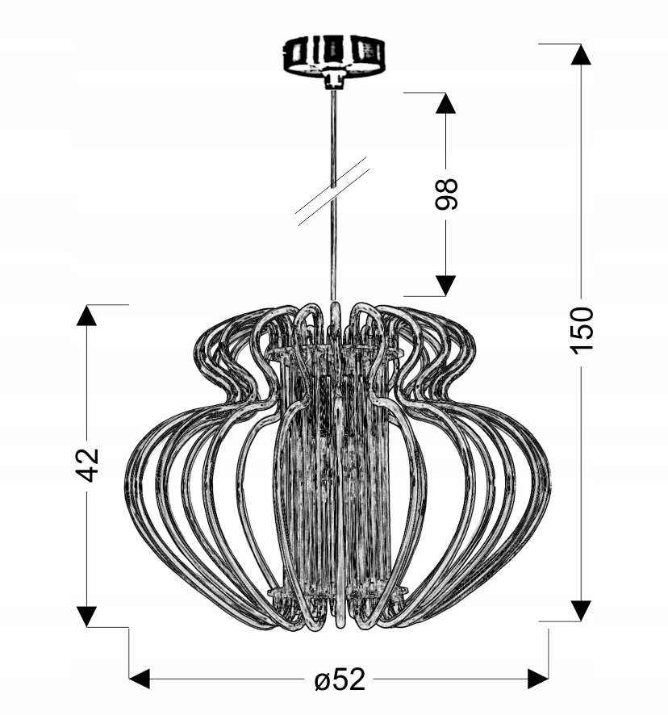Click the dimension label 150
pyautogui.click(x=582, y=330)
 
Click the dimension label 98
pyautogui.click(x=445, y=194)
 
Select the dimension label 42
pyautogui.click(x=86, y=465)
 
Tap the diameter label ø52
pyautogui.click(x=340, y=679)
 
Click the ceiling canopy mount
pyautogui.click(x=333, y=56)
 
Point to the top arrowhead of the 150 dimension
pyautogui.click(x=581, y=54)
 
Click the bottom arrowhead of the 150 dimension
pyautogui.click(x=581, y=611)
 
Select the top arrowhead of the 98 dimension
pyautogui.click(x=445, y=103)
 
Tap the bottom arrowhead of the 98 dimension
pyautogui.click(x=445, y=286)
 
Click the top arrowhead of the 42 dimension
pyautogui.click(x=86, y=315)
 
